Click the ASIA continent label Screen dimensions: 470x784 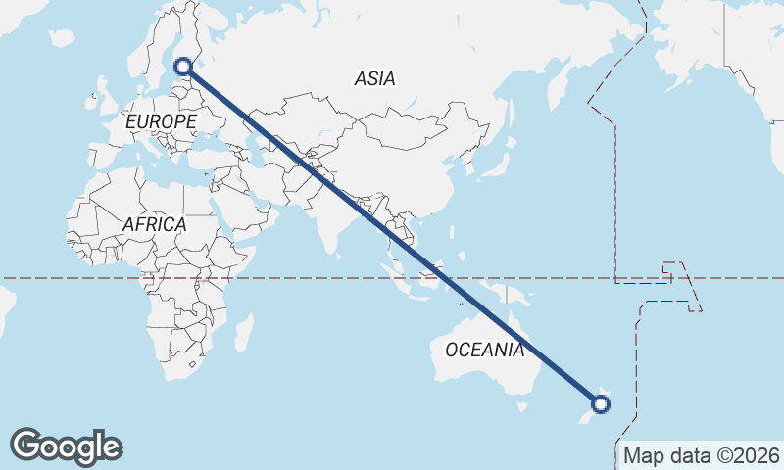click(375, 79)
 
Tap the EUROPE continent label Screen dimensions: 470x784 click(162, 122)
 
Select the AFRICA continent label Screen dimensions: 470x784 click(154, 224)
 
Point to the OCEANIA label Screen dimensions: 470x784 click(484, 350)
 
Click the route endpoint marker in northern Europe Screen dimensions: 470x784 click(182, 67)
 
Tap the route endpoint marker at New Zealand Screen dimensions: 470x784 click(602, 403)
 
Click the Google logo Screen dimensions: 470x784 click(66, 446)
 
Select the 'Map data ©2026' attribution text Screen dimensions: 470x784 click(702, 455)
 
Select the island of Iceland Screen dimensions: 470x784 click(62, 38)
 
